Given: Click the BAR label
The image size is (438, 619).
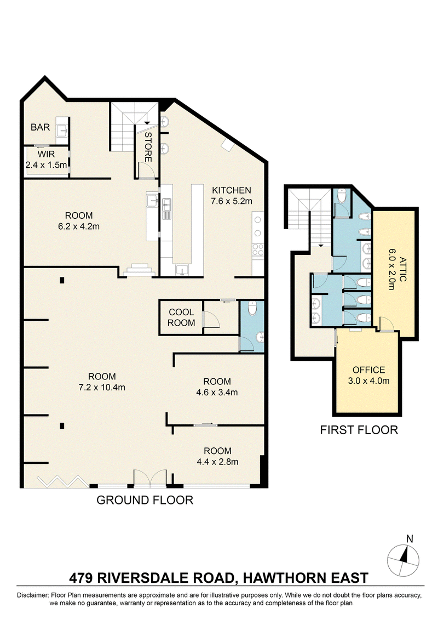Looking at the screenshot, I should (x=41, y=127).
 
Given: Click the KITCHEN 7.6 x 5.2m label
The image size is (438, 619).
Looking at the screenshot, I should (x=231, y=196).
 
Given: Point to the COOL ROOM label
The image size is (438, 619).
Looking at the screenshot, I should (x=181, y=317).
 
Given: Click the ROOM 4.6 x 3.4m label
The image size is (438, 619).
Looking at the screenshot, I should (x=217, y=387).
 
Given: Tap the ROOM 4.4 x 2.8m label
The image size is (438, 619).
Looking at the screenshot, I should (x=217, y=456).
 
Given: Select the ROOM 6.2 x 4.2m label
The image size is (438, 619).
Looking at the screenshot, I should (x=79, y=220).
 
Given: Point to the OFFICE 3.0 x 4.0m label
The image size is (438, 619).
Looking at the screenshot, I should (x=368, y=376).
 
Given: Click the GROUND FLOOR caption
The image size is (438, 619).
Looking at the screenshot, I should (x=145, y=500).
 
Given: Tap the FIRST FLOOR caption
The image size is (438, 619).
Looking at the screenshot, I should (x=359, y=430).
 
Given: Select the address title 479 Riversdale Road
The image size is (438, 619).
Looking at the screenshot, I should (x=218, y=578).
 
